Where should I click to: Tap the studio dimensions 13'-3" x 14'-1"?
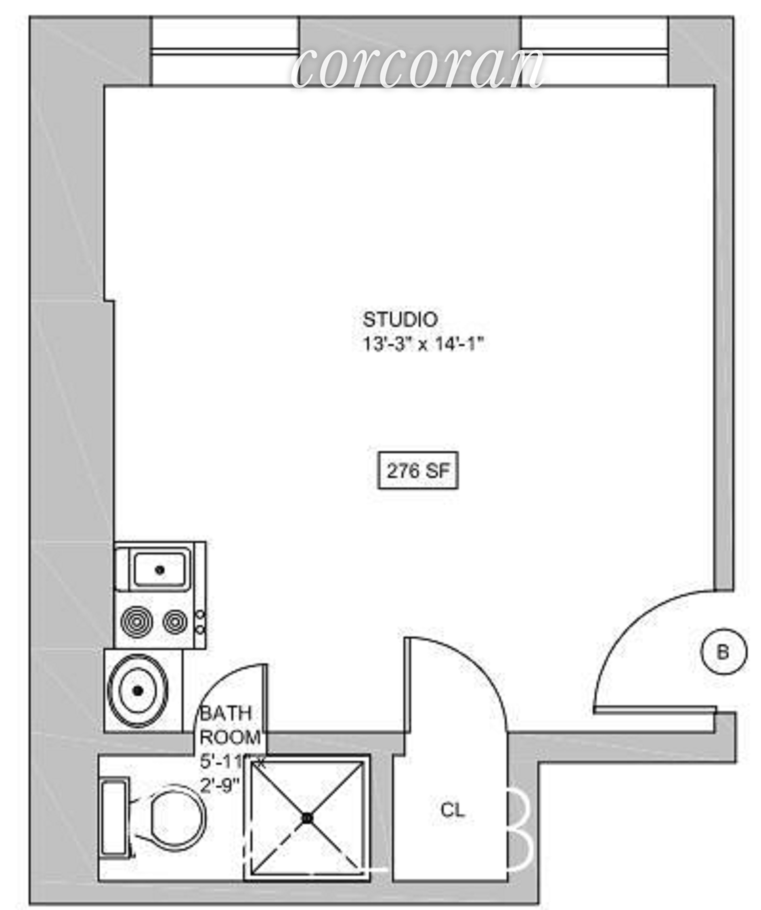423,345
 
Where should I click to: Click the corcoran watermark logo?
417,69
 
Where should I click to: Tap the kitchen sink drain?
160,570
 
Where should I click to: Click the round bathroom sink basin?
138,691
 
